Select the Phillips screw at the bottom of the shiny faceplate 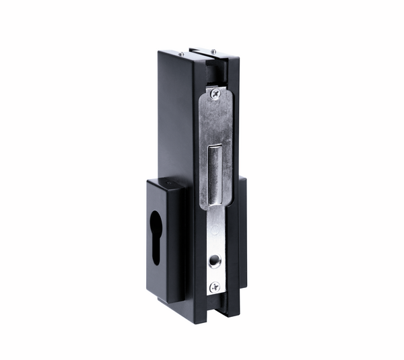tap(214, 287)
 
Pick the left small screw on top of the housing tap(181, 55)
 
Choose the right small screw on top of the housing tap(213, 52)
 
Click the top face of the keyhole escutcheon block tap(168, 182)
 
